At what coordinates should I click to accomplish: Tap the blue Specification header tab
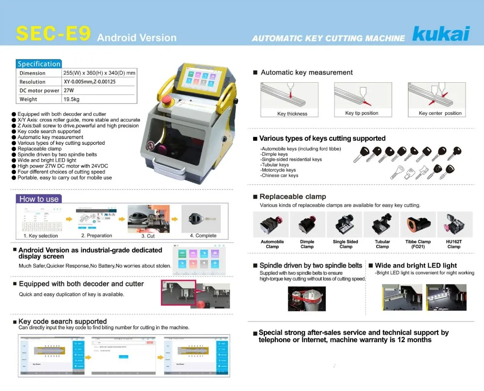(x=39, y=64)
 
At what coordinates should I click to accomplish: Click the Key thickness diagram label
(x=292, y=114)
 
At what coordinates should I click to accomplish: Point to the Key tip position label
(x=362, y=113)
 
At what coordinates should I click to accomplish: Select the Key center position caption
(x=440, y=113)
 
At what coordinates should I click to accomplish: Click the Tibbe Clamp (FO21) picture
(x=418, y=225)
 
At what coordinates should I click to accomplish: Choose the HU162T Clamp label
(x=454, y=244)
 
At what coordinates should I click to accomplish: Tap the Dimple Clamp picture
(x=307, y=225)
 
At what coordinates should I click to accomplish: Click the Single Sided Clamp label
(x=346, y=244)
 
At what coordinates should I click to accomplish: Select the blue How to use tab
(x=39, y=199)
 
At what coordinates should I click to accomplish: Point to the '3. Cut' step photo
(x=149, y=219)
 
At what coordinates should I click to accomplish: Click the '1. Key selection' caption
(x=41, y=236)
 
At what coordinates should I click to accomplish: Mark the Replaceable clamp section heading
(x=293, y=196)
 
